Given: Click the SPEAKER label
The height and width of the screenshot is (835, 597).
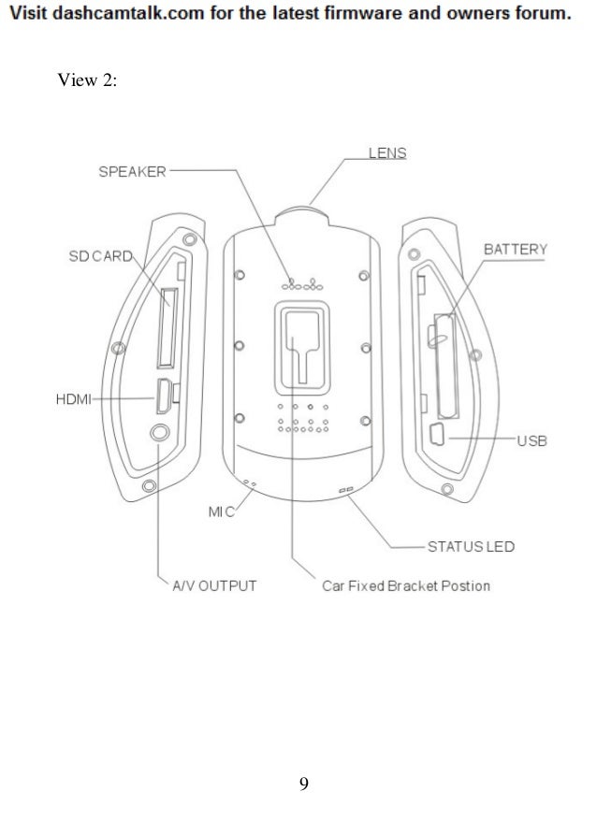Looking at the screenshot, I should pos(133,172).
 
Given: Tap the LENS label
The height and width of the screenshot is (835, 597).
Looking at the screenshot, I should pos(386,152).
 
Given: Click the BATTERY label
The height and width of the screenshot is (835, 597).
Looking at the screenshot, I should pos(515,250).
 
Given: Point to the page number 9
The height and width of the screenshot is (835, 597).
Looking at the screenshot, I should pos(303,783).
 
